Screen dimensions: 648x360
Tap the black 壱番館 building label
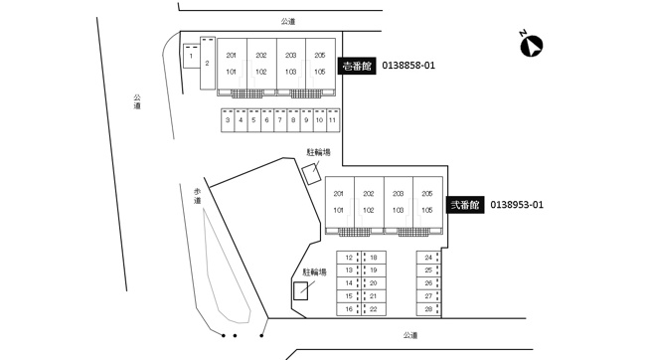357,66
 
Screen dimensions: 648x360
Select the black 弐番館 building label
465,205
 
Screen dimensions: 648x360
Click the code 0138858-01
408,66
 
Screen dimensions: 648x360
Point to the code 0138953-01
517,205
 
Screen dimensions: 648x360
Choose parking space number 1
191,56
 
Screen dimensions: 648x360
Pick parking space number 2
208,63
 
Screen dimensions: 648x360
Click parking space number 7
280,120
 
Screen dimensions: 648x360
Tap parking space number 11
333,120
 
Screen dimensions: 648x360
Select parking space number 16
349,309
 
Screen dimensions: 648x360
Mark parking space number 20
374,283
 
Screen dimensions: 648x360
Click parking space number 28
428,308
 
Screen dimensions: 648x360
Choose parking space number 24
428,258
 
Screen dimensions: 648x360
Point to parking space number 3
228,120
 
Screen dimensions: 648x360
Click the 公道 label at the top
288,22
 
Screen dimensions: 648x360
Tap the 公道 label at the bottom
410,335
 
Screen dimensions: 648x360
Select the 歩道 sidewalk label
197,196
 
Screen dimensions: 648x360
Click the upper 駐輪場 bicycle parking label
318,152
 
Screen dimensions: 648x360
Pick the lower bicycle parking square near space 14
300,290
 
